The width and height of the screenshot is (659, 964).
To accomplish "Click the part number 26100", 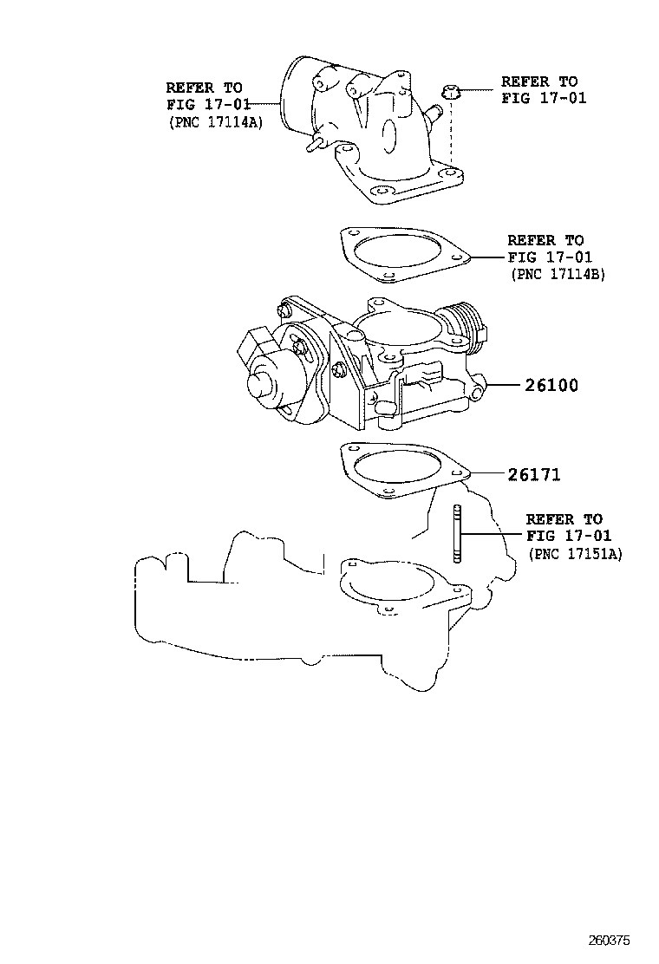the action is pyautogui.click(x=551, y=386).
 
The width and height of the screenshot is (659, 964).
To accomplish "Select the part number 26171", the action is pyautogui.click(x=533, y=474).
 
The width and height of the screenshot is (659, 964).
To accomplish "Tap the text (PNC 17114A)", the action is pyautogui.click(x=215, y=122).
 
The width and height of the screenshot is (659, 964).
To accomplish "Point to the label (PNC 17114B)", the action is pyautogui.click(x=558, y=274).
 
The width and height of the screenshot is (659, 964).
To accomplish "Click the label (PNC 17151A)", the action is pyautogui.click(x=575, y=554).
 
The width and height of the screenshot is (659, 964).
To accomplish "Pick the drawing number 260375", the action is pyautogui.click(x=609, y=940).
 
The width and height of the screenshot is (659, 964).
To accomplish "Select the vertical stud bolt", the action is pyautogui.click(x=457, y=533).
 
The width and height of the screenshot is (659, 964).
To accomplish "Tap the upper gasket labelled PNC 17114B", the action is pyautogui.click(x=404, y=255).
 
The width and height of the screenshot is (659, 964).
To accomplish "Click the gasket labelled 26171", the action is pyautogui.click(x=404, y=472).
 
